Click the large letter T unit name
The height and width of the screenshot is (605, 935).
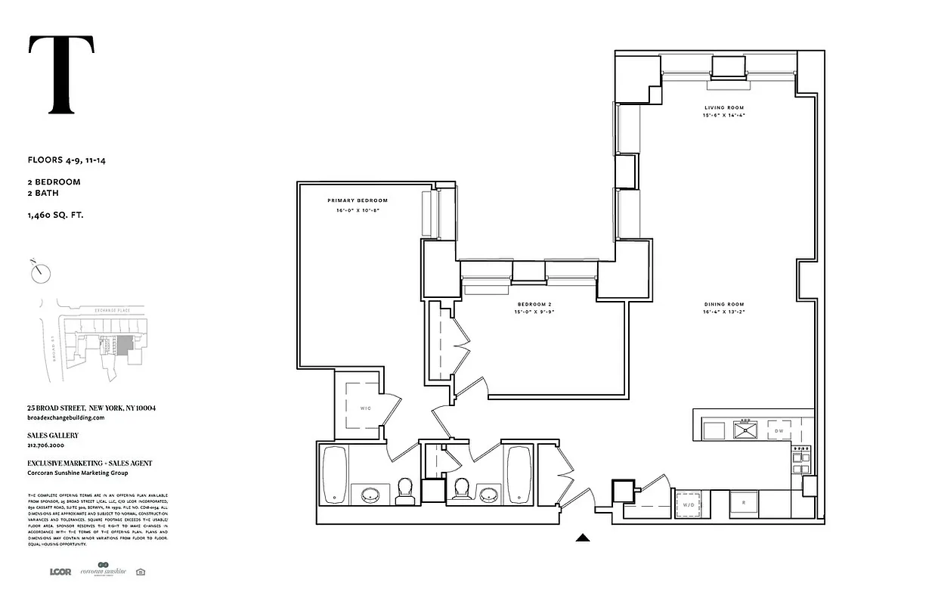pyautogui.click(x=61, y=75)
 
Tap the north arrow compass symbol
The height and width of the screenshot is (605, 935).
pyautogui.click(x=40, y=272)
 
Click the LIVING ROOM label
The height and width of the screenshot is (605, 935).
pyautogui.click(x=719, y=108)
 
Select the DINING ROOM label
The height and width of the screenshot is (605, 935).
pyautogui.click(x=723, y=304)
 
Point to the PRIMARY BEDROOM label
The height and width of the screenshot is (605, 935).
pyautogui.click(x=357, y=200)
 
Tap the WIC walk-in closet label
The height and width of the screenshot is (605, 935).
pyautogui.click(x=365, y=408)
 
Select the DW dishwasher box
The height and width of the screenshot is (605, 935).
pyautogui.click(x=779, y=431)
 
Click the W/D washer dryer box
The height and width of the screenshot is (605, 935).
pyautogui.click(x=689, y=504)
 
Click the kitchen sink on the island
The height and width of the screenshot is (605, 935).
pyautogui.click(x=745, y=430)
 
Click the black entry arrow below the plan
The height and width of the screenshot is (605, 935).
pyautogui.click(x=582, y=538)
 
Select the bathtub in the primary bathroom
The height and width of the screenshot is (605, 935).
pyautogui.click(x=335, y=474)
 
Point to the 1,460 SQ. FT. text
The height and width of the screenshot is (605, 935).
pyautogui.click(x=55, y=216)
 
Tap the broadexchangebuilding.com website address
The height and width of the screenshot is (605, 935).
pyautogui.click(x=65, y=417)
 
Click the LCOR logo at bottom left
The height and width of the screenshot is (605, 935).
pyautogui.click(x=60, y=572)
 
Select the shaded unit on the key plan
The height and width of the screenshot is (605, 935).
pyautogui.click(x=124, y=343)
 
